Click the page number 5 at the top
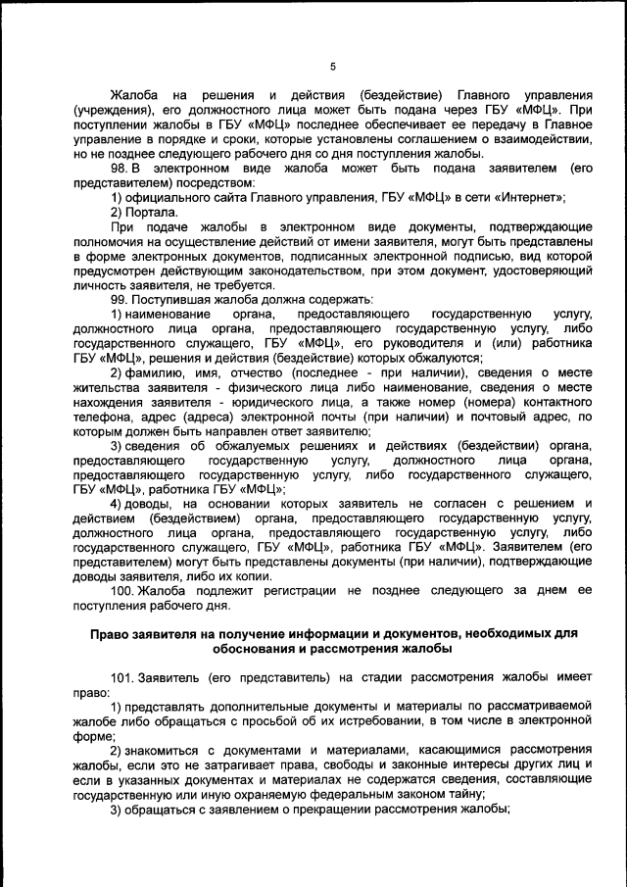pyautogui.click(x=332, y=67)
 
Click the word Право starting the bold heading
pyautogui.click(x=110, y=633)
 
